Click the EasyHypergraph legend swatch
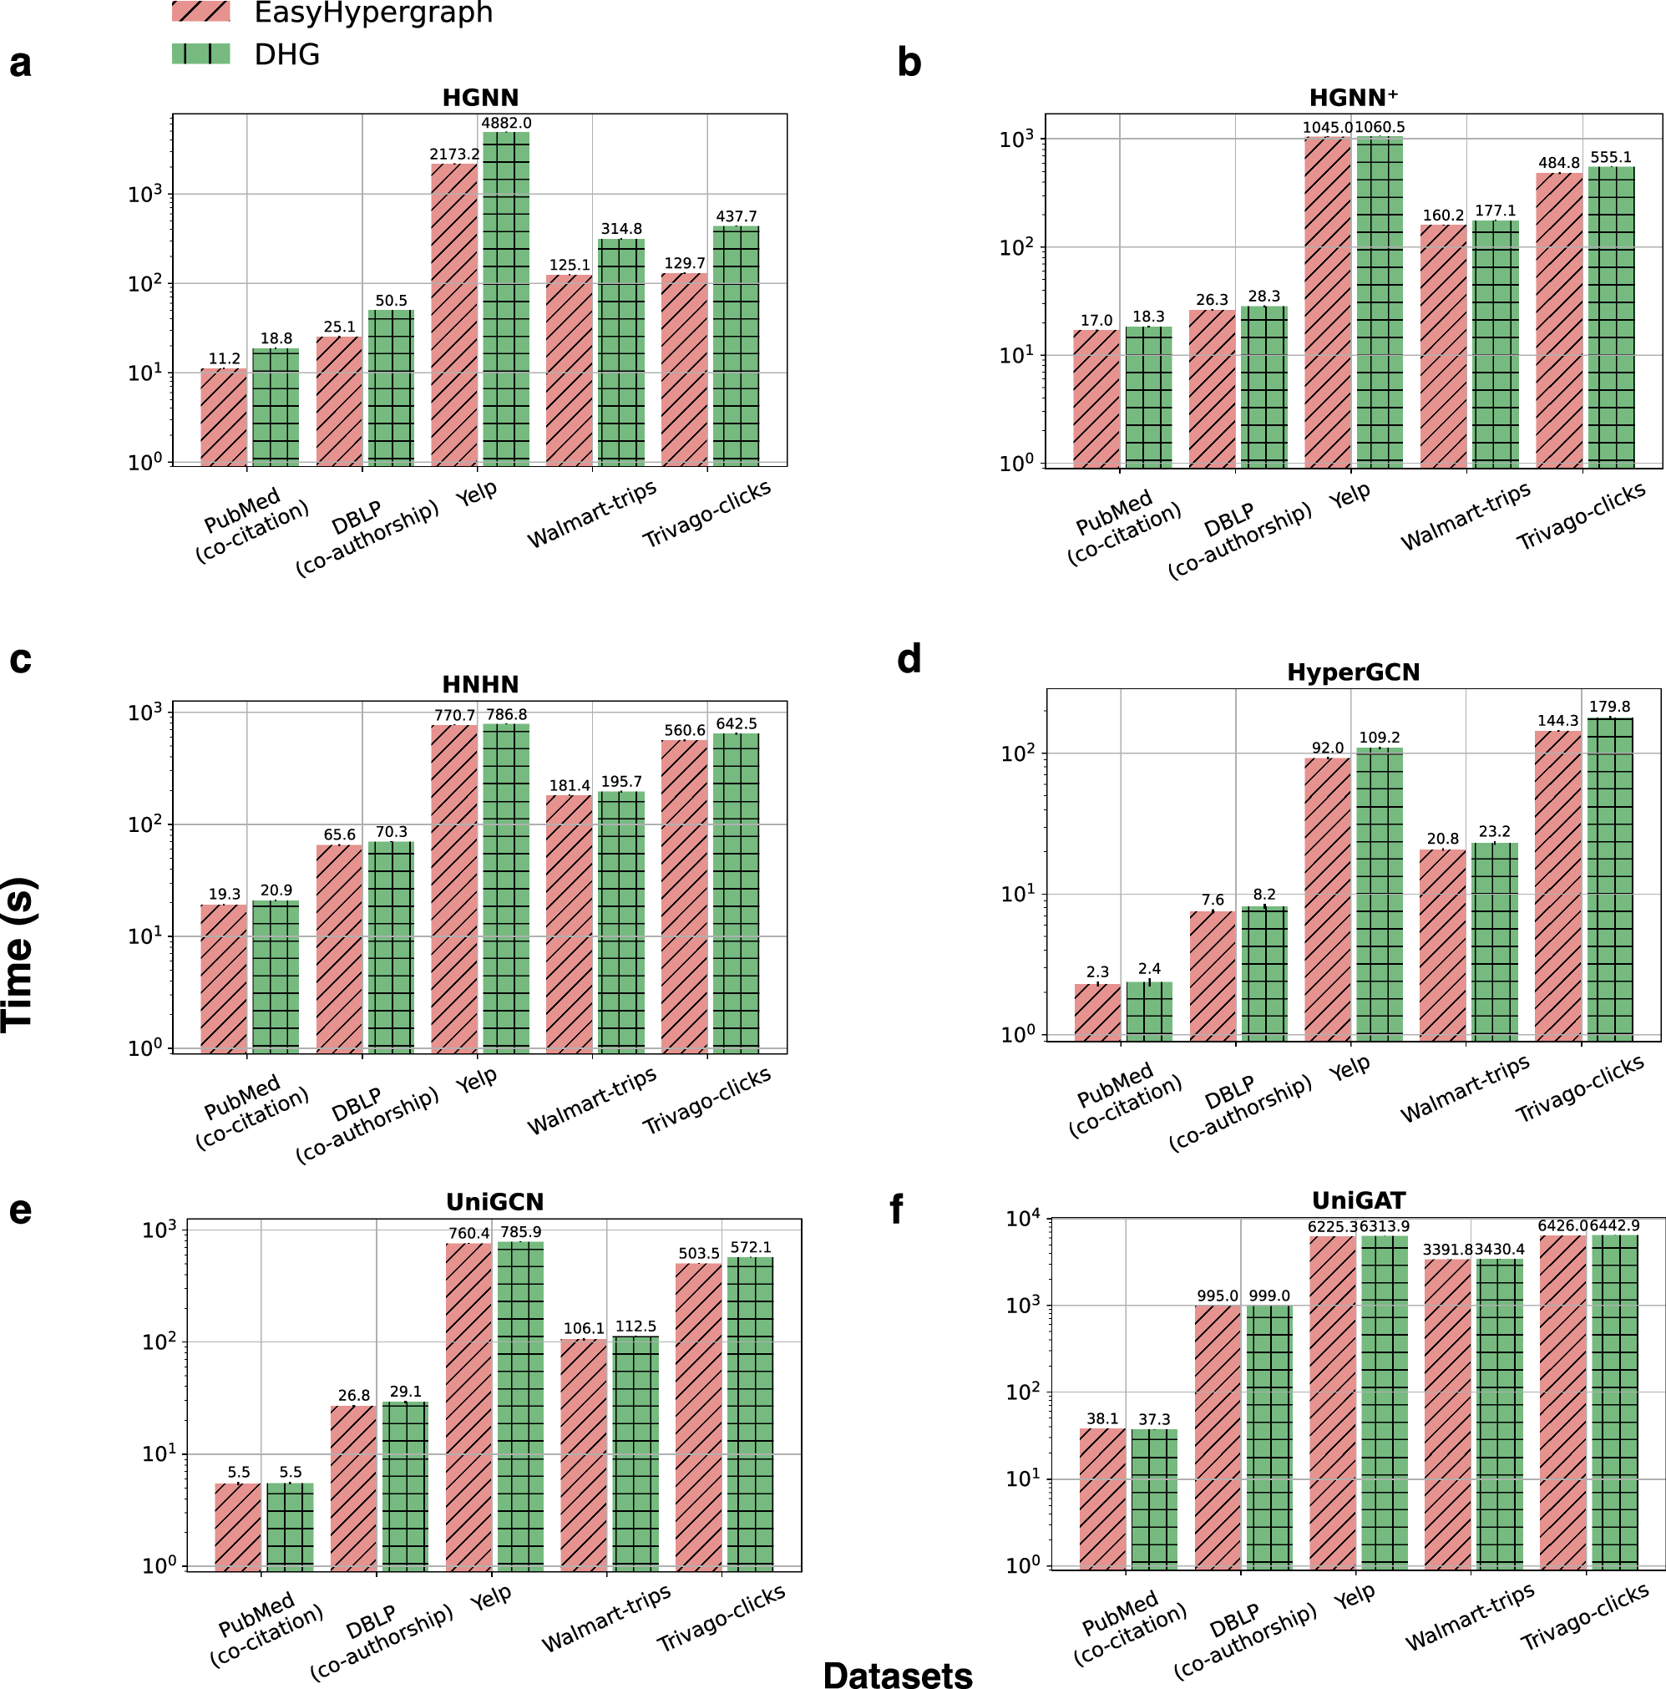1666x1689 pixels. (x=201, y=12)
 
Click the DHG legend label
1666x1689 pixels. (x=286, y=55)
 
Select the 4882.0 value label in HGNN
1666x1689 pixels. (x=506, y=124)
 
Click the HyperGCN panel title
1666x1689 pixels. (x=1352, y=672)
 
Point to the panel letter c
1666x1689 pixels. (x=20, y=659)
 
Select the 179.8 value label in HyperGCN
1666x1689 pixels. (x=1609, y=707)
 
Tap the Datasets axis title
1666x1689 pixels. (x=897, y=1673)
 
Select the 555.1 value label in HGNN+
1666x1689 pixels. (x=1611, y=157)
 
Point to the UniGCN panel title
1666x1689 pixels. (x=494, y=1201)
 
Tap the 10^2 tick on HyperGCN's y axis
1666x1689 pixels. (x=1017, y=753)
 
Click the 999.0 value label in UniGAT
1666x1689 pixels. (x=1269, y=1296)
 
